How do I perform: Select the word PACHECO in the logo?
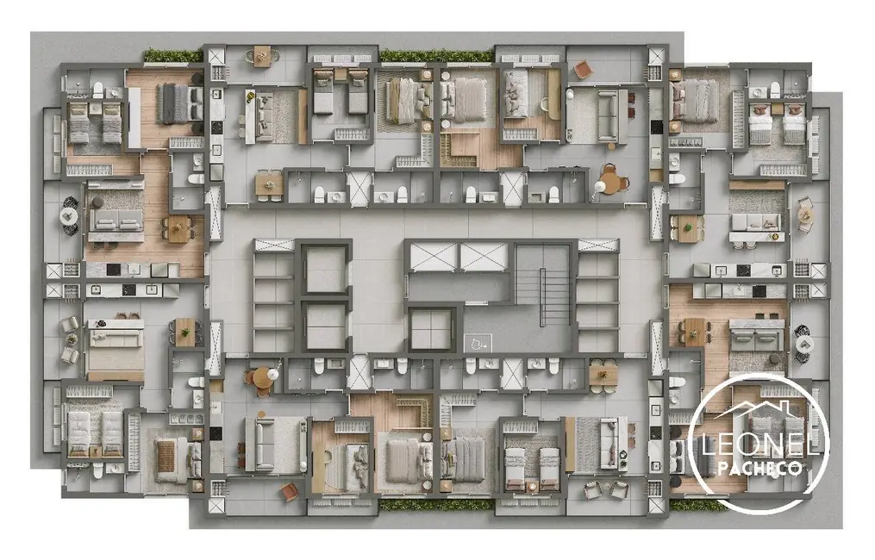(759, 468)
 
